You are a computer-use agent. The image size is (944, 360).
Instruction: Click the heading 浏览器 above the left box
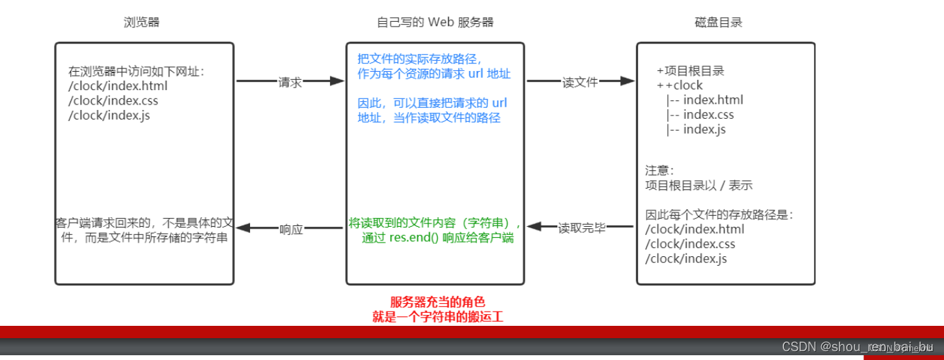click(141, 23)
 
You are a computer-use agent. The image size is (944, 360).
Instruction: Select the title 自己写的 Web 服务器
click(435, 23)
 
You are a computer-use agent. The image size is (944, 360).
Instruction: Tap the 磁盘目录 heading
click(719, 23)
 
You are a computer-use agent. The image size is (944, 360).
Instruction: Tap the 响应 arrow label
click(291, 230)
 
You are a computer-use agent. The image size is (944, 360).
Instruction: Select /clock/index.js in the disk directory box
click(686, 259)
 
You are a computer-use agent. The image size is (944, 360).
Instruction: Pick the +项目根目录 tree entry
click(691, 70)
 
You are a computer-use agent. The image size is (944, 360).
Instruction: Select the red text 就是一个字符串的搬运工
click(438, 317)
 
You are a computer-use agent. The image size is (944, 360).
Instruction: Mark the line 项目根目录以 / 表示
click(699, 185)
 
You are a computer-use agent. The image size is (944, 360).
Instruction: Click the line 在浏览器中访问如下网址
click(137, 71)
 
